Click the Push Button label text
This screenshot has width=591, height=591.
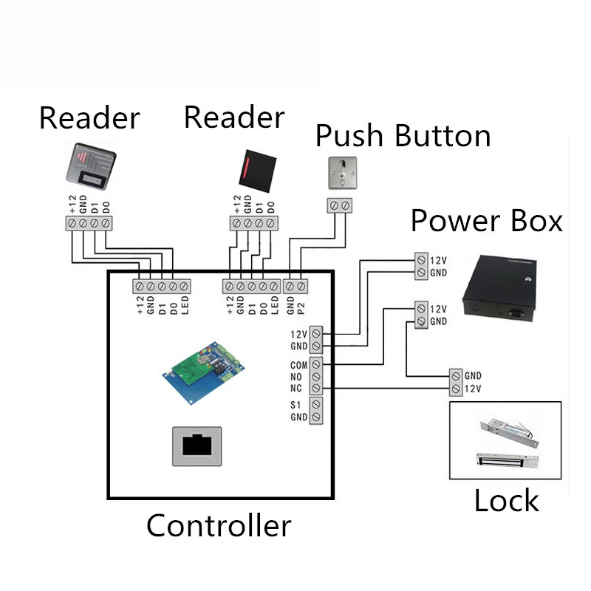(x=403, y=137)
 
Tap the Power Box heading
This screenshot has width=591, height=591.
(x=486, y=221)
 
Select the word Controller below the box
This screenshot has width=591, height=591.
(x=219, y=526)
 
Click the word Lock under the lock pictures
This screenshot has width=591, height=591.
(x=506, y=501)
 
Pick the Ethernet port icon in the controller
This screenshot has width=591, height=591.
(x=197, y=445)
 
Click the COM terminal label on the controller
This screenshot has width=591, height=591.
(x=299, y=364)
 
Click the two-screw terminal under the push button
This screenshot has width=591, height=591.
(x=340, y=205)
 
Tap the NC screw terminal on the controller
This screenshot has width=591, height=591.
(x=317, y=389)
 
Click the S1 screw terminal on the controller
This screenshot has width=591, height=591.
(x=317, y=405)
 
